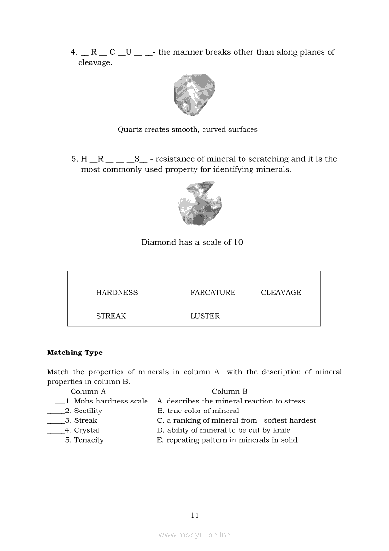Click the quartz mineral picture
tap(194, 95)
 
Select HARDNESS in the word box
tap(117, 293)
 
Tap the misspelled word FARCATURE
tap(213, 293)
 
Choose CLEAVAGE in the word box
tap(281, 293)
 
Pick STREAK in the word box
tap(111, 316)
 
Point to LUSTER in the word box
tap(205, 316)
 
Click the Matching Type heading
tap(75, 353)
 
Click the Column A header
tap(88, 391)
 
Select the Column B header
tap(229, 391)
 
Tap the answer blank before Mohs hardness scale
tap(56, 402)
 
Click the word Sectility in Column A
tap(88, 411)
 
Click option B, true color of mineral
tap(198, 411)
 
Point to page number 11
tap(195, 515)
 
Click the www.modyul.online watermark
tap(194, 535)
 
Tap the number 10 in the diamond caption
tap(238, 242)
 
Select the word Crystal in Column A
tap(87, 430)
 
